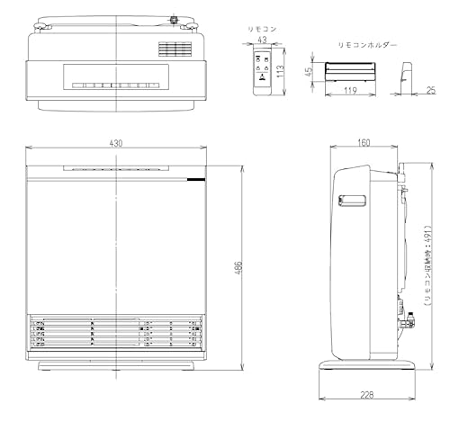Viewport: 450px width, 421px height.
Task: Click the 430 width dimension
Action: (116, 144)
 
